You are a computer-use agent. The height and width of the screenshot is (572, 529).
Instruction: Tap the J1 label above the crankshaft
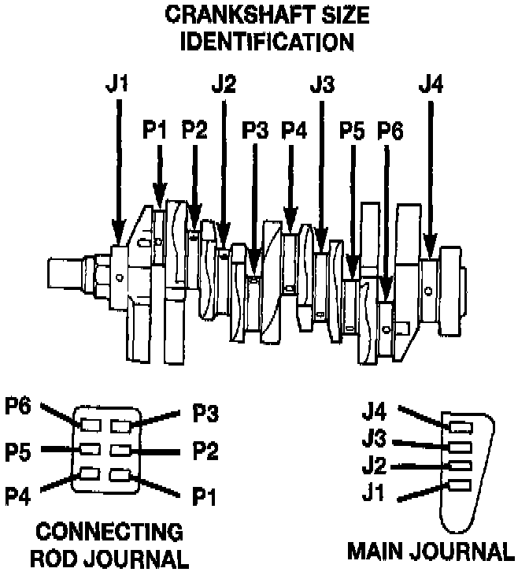pyautogui.click(x=116, y=84)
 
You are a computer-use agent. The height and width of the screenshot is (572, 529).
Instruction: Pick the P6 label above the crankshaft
pyautogui.click(x=390, y=131)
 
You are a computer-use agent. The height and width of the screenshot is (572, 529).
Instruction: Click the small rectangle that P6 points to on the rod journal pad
pyautogui.click(x=89, y=426)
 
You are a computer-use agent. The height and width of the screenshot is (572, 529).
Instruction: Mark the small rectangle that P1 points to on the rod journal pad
pyautogui.click(x=120, y=475)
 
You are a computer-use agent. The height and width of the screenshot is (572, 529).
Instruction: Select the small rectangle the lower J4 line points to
pyautogui.click(x=460, y=428)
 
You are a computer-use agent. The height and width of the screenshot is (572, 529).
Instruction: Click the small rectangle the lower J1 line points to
pyautogui.click(x=460, y=485)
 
